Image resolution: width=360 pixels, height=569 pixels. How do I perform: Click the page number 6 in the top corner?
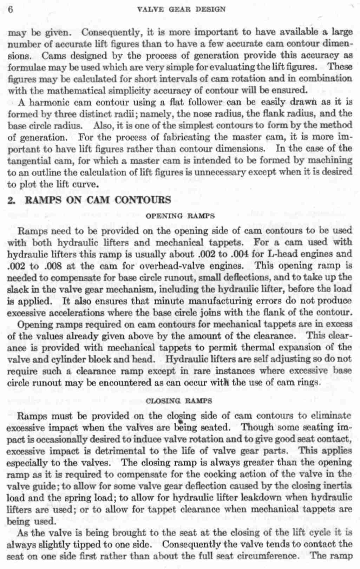(10, 9)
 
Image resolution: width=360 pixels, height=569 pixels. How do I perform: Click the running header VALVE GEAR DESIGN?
(182, 9)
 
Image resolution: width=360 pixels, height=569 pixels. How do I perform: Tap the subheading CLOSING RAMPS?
(179, 400)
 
